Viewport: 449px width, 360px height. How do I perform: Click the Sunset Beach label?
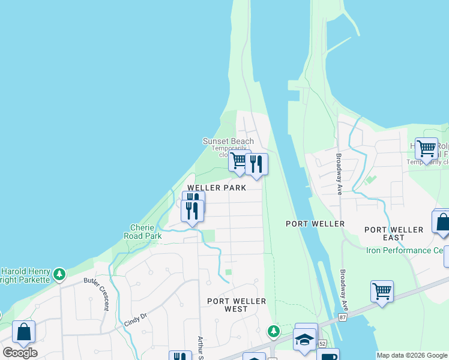click(x=228, y=142)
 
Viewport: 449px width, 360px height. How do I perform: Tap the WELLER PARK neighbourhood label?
click(x=217, y=188)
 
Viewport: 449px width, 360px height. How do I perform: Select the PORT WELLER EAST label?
click(x=394, y=230)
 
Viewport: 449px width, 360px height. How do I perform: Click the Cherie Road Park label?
click(x=146, y=232)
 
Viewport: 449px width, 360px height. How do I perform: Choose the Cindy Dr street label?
click(x=136, y=317)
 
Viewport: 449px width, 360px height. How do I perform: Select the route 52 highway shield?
click(x=322, y=344)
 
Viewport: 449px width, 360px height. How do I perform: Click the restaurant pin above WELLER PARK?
click(x=256, y=163)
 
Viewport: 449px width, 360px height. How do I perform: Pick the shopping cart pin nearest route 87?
click(x=382, y=291)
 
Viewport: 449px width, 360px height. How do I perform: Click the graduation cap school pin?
click(x=305, y=338)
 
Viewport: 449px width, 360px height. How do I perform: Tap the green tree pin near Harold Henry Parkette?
click(x=59, y=275)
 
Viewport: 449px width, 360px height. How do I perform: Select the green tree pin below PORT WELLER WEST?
click(x=273, y=331)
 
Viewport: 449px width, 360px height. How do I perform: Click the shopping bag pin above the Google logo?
click(x=23, y=331)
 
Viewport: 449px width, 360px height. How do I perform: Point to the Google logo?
click(x=20, y=352)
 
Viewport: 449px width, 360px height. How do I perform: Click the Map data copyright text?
click(x=412, y=355)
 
